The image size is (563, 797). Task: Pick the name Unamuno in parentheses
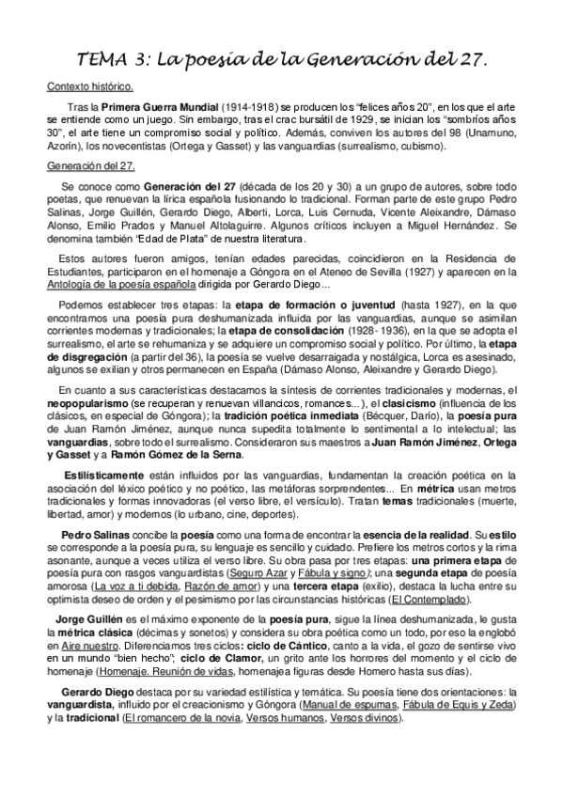pos(486,134)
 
